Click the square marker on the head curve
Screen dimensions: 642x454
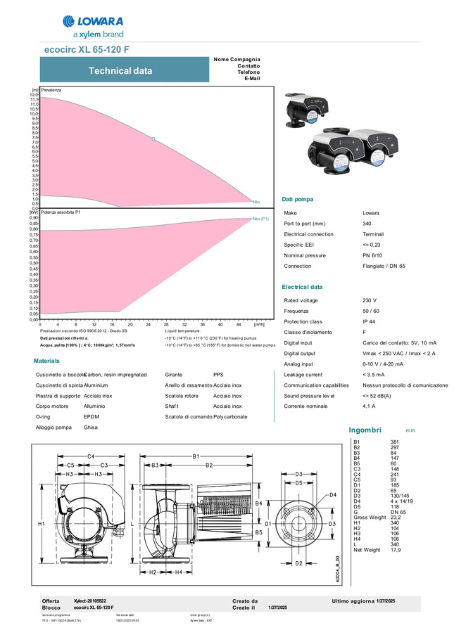click(x=153, y=139)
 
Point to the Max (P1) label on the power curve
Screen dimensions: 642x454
click(x=260, y=219)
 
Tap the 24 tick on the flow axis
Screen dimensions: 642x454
click(x=148, y=324)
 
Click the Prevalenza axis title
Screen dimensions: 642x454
click(x=51, y=91)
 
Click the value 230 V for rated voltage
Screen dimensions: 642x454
click(x=370, y=300)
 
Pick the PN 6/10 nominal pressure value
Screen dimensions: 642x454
click(x=373, y=255)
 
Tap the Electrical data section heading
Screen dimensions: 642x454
click(x=303, y=287)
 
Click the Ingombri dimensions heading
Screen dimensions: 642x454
click(x=365, y=430)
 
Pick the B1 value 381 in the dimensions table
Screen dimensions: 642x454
click(x=395, y=442)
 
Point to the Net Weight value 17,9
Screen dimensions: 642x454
click(x=396, y=549)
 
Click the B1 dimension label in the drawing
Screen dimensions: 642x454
click(x=195, y=456)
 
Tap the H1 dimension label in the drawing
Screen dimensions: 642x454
click(x=42, y=524)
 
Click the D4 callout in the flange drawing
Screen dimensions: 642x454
click(x=332, y=494)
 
